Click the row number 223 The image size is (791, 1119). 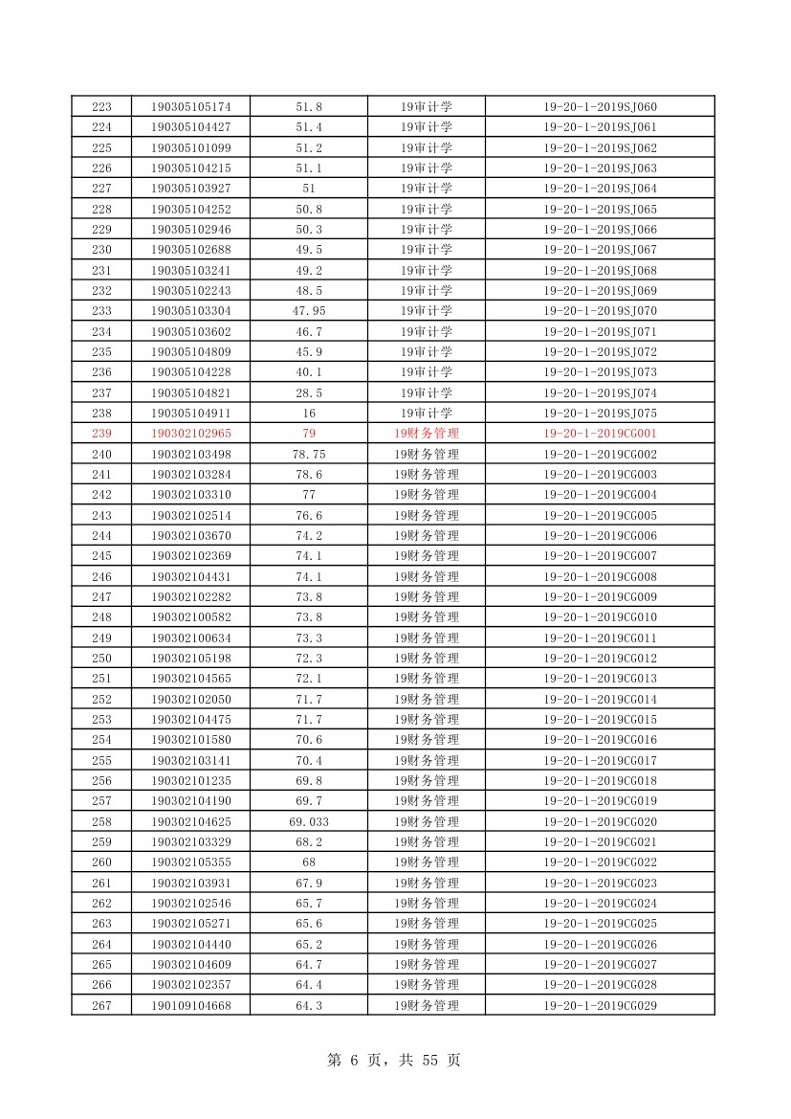(101, 106)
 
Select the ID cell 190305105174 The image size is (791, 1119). (190, 106)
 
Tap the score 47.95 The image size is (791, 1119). (309, 311)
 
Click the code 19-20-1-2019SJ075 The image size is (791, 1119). (600, 413)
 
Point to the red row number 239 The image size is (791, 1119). (101, 434)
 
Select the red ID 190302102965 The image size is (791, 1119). (190, 434)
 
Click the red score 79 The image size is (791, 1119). (309, 434)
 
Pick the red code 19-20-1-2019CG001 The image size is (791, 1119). (600, 434)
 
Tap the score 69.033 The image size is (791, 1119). (309, 821)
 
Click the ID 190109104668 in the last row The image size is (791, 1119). (190, 1005)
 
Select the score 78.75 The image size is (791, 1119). (309, 454)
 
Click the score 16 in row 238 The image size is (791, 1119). (309, 413)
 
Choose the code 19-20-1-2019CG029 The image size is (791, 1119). (600, 1005)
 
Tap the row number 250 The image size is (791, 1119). (101, 659)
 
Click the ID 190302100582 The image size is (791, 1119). (190, 617)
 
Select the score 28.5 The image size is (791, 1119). (309, 392)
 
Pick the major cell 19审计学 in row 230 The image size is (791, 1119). (427, 250)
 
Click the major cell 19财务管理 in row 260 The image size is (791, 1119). (427, 862)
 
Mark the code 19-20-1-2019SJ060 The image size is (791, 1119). (600, 106)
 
